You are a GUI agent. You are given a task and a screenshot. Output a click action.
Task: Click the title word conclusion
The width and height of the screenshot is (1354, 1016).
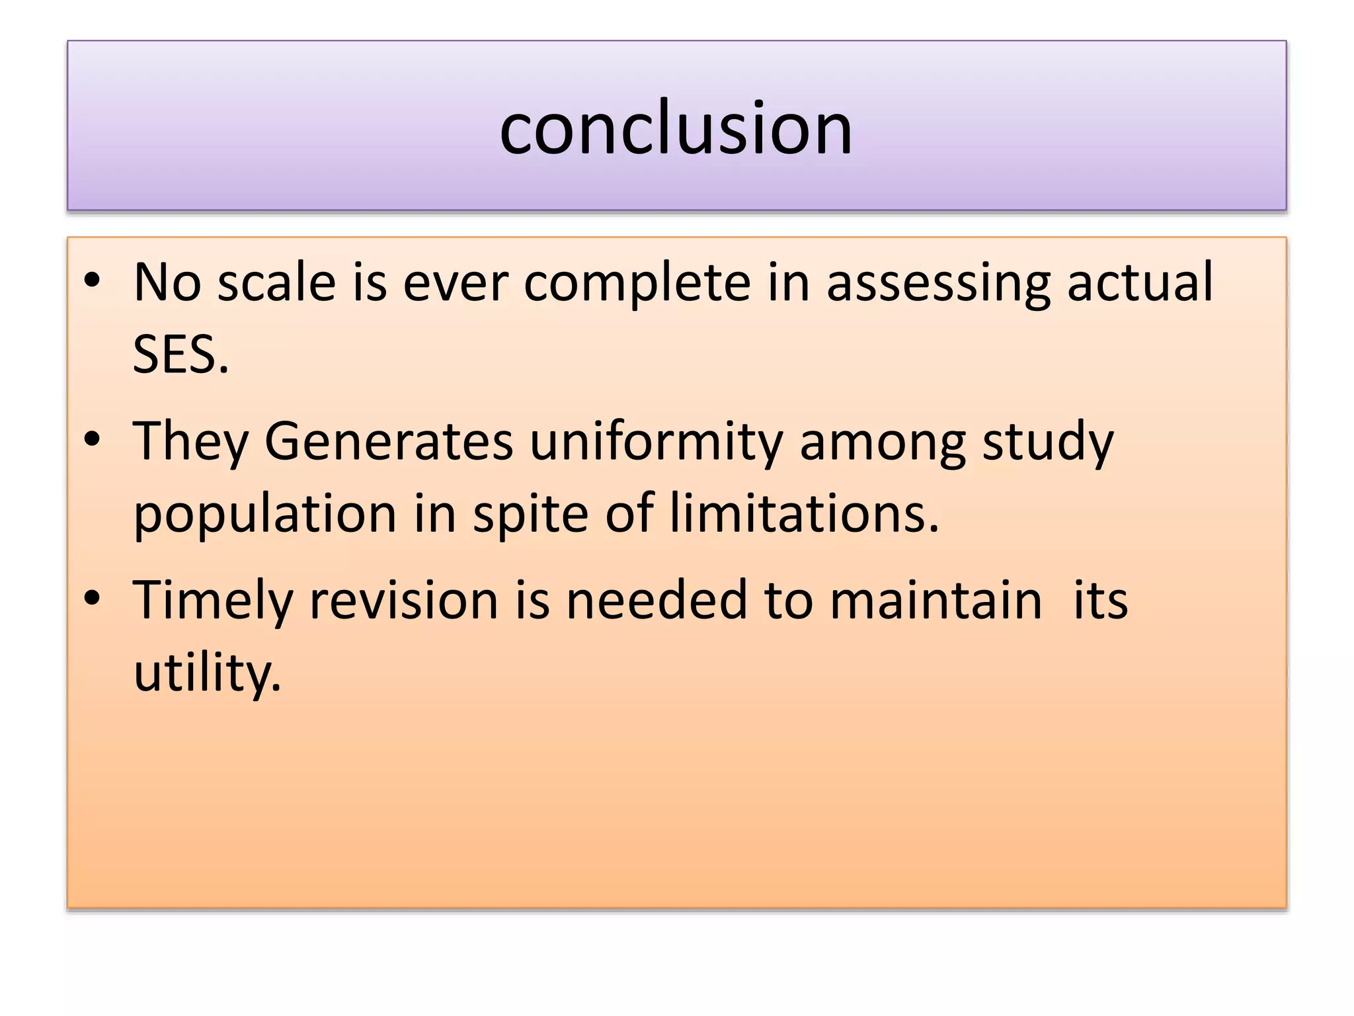676,128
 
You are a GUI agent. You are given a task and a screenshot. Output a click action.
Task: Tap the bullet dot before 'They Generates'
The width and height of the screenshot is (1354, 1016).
92,439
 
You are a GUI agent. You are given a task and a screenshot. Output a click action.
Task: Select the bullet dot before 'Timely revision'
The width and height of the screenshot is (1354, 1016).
92,598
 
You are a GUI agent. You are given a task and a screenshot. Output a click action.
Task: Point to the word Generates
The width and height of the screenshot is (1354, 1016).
389,441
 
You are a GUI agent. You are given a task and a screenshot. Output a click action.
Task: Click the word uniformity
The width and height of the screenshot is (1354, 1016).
656,441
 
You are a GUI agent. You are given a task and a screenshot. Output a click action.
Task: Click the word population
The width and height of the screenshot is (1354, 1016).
265,514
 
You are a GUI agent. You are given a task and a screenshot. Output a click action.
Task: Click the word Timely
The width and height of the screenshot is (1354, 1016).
212,601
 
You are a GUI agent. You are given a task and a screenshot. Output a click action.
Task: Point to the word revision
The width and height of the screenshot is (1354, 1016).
403,599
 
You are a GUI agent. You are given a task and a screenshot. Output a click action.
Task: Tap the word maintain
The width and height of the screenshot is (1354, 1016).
936,599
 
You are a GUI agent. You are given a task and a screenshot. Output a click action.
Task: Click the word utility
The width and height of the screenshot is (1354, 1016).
207,673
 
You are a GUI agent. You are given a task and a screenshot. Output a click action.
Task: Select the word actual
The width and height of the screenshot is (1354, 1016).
1140,282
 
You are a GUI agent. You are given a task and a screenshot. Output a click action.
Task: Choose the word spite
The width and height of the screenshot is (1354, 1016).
530,514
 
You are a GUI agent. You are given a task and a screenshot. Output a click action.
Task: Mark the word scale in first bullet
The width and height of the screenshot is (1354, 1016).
276,282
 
